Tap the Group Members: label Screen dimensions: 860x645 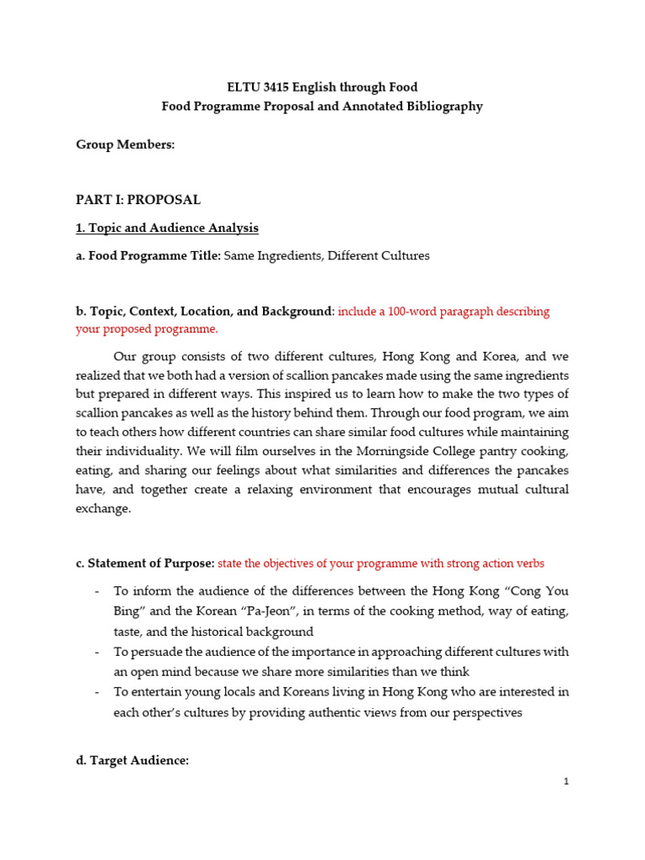[x=125, y=145]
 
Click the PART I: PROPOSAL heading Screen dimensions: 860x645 [x=138, y=200]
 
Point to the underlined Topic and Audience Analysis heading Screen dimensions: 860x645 [x=167, y=228]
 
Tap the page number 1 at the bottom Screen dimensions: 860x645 [x=566, y=781]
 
